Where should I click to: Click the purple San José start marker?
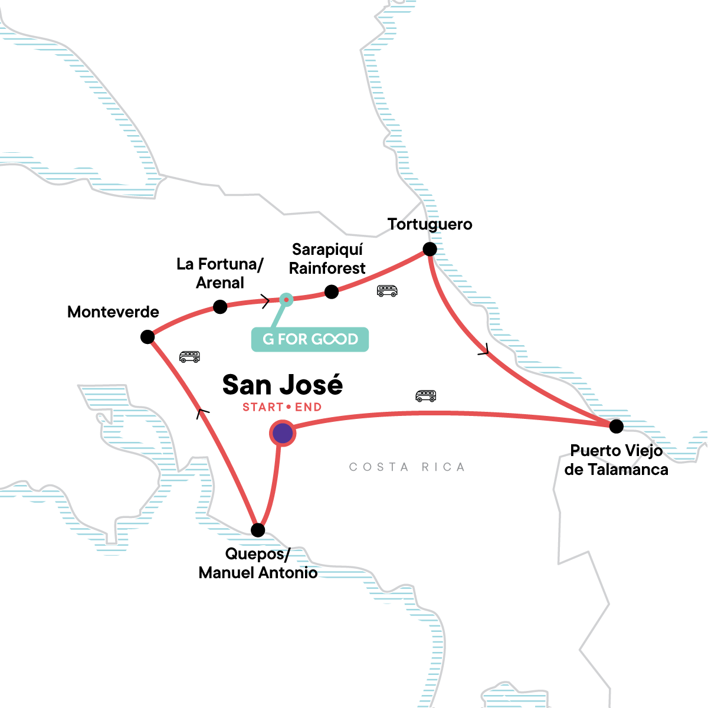(283, 434)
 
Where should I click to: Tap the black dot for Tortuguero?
(430, 249)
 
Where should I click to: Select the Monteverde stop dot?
(147, 337)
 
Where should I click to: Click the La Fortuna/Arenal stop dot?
(220, 307)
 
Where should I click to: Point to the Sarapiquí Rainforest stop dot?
(332, 292)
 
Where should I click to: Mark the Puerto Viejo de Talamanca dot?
(616, 426)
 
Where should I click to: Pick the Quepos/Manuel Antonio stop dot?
(258, 530)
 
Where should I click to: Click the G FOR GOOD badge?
(310, 339)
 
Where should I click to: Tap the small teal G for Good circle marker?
(286, 300)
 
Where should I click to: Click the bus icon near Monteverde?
(189, 356)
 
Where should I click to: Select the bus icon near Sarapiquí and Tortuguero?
(387, 290)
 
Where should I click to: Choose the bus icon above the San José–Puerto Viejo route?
(425, 396)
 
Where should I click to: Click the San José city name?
(283, 385)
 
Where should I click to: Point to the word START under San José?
(263, 407)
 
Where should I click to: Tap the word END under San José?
(309, 407)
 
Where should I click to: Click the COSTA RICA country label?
(407, 467)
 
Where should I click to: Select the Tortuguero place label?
(430, 224)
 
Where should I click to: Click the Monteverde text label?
(113, 312)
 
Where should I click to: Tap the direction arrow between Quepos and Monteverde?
(202, 413)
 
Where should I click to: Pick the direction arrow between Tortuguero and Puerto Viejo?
(484, 349)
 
